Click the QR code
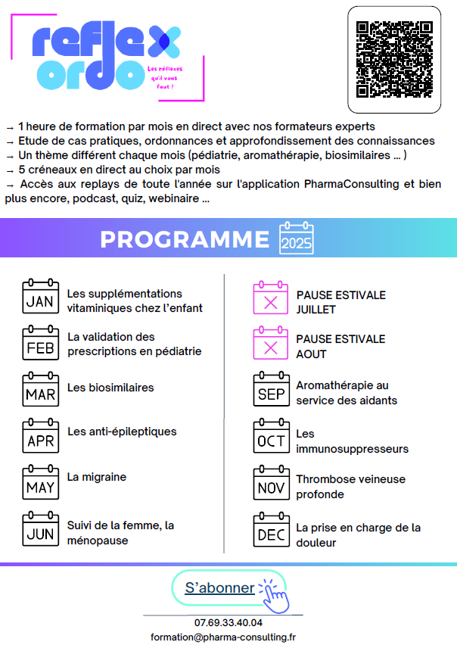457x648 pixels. point(394,59)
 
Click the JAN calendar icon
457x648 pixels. point(40,297)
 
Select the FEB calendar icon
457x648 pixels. point(40,344)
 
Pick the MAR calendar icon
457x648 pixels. point(40,389)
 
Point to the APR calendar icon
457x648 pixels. point(40,436)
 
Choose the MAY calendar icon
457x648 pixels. point(40,482)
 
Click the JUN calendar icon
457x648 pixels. point(40,529)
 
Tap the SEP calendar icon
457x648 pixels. point(270,389)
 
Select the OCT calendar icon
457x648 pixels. point(270,436)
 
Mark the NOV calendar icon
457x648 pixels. point(270,483)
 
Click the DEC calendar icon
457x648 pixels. point(270,530)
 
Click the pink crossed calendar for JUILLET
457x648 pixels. point(270,298)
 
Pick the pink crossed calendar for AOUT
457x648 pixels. point(270,344)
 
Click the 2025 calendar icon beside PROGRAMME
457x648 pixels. point(296,238)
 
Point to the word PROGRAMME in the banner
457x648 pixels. point(185,239)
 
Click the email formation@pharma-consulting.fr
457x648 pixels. point(223,637)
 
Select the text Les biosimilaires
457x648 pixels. point(110,388)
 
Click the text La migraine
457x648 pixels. point(97,477)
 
